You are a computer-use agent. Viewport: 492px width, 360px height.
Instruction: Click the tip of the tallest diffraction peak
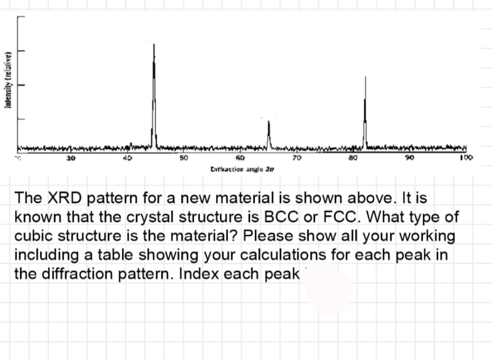pyautogui.click(x=154, y=45)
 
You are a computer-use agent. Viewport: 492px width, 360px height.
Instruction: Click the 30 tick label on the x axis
pyautogui.click(x=71, y=158)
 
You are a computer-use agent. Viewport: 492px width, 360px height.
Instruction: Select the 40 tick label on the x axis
pyautogui.click(x=127, y=158)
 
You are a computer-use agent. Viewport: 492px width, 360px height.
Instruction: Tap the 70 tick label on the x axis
pyautogui.click(x=297, y=158)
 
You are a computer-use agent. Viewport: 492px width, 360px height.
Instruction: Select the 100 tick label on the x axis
pyautogui.click(x=466, y=158)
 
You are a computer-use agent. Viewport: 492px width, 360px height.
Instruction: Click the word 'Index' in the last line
pyautogui.click(x=200, y=274)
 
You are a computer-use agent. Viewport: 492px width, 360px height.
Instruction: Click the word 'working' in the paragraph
pyautogui.click(x=427, y=236)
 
